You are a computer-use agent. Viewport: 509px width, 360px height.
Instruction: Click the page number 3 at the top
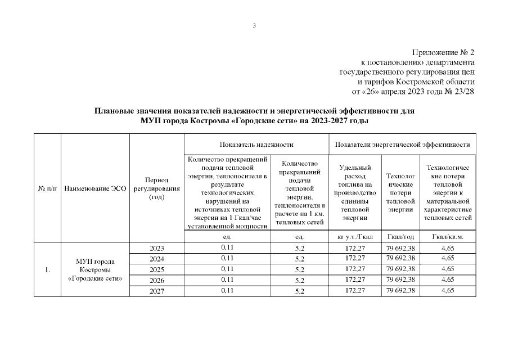coord(254,26)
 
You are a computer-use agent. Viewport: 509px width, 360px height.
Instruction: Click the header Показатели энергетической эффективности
coord(402,145)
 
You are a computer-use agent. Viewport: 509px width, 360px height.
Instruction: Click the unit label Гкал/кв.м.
coord(448,237)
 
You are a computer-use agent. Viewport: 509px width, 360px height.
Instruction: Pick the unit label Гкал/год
coord(400,237)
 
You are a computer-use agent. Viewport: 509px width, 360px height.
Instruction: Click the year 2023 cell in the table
coord(157,248)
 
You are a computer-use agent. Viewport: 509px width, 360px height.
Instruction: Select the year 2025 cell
coord(157,269)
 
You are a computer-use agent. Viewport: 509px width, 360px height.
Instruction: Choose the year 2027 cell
coord(157,291)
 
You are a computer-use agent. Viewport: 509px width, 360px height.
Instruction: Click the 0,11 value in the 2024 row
coord(227,258)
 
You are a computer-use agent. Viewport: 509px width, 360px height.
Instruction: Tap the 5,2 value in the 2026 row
coord(299,280)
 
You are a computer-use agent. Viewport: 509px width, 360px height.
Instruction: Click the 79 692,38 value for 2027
coord(400,290)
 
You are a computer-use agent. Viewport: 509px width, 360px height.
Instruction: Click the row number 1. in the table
coord(47,269)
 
